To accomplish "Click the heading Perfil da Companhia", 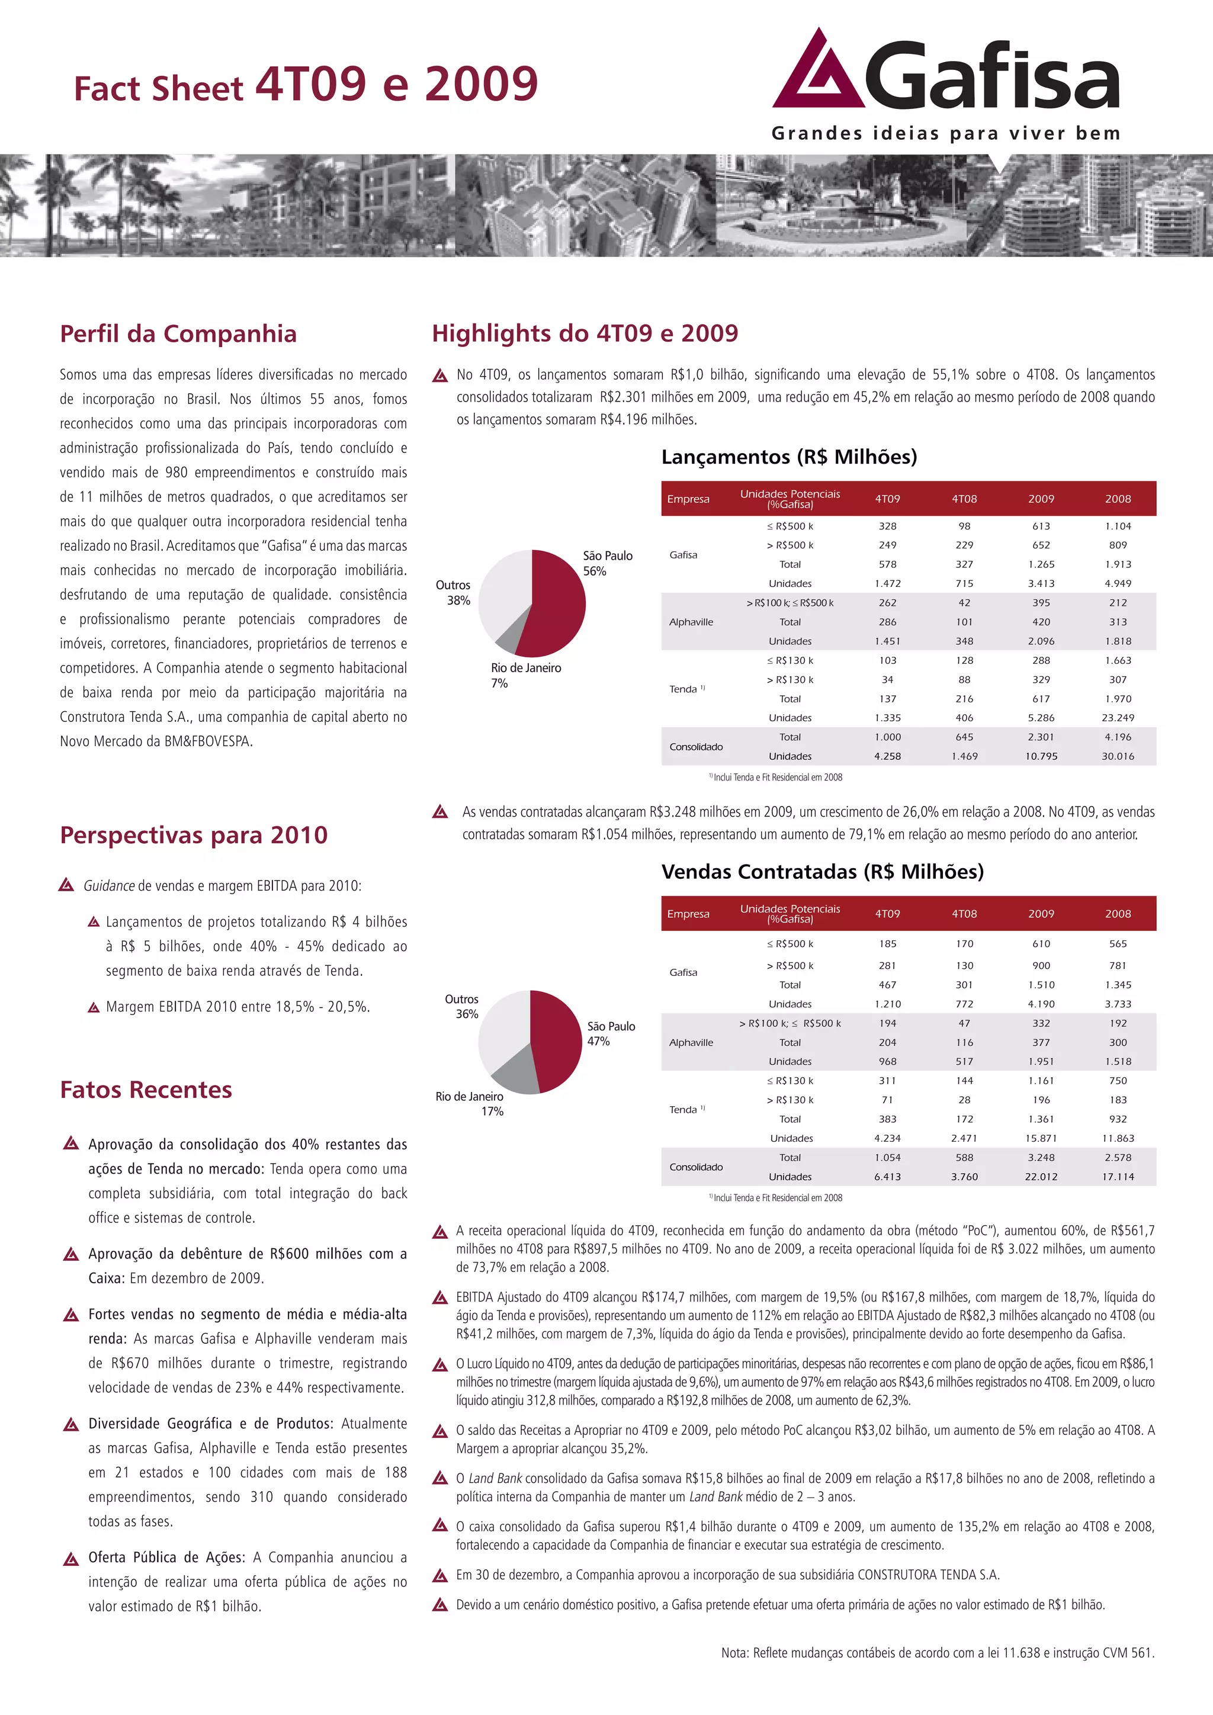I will tap(178, 334).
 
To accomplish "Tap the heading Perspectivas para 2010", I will tap(194, 835).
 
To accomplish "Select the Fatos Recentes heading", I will tap(146, 1090).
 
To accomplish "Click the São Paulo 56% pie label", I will tap(607, 563).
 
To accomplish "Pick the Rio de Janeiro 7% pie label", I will tap(525, 675).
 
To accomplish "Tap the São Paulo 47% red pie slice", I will tap(557, 1038).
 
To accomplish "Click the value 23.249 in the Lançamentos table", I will tap(1118, 718).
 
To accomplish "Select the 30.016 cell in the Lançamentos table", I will tap(1118, 756).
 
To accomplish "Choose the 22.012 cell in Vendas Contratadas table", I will tap(1041, 1177).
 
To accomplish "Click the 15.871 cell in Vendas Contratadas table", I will tap(1041, 1138).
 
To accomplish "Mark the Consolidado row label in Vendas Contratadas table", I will tap(695, 1167).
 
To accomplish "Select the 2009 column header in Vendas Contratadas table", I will tap(1041, 914).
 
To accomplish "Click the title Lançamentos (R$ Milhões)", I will tap(789, 457).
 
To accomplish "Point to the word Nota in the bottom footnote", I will tap(734, 1653).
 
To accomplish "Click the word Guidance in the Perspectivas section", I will tap(109, 886).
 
